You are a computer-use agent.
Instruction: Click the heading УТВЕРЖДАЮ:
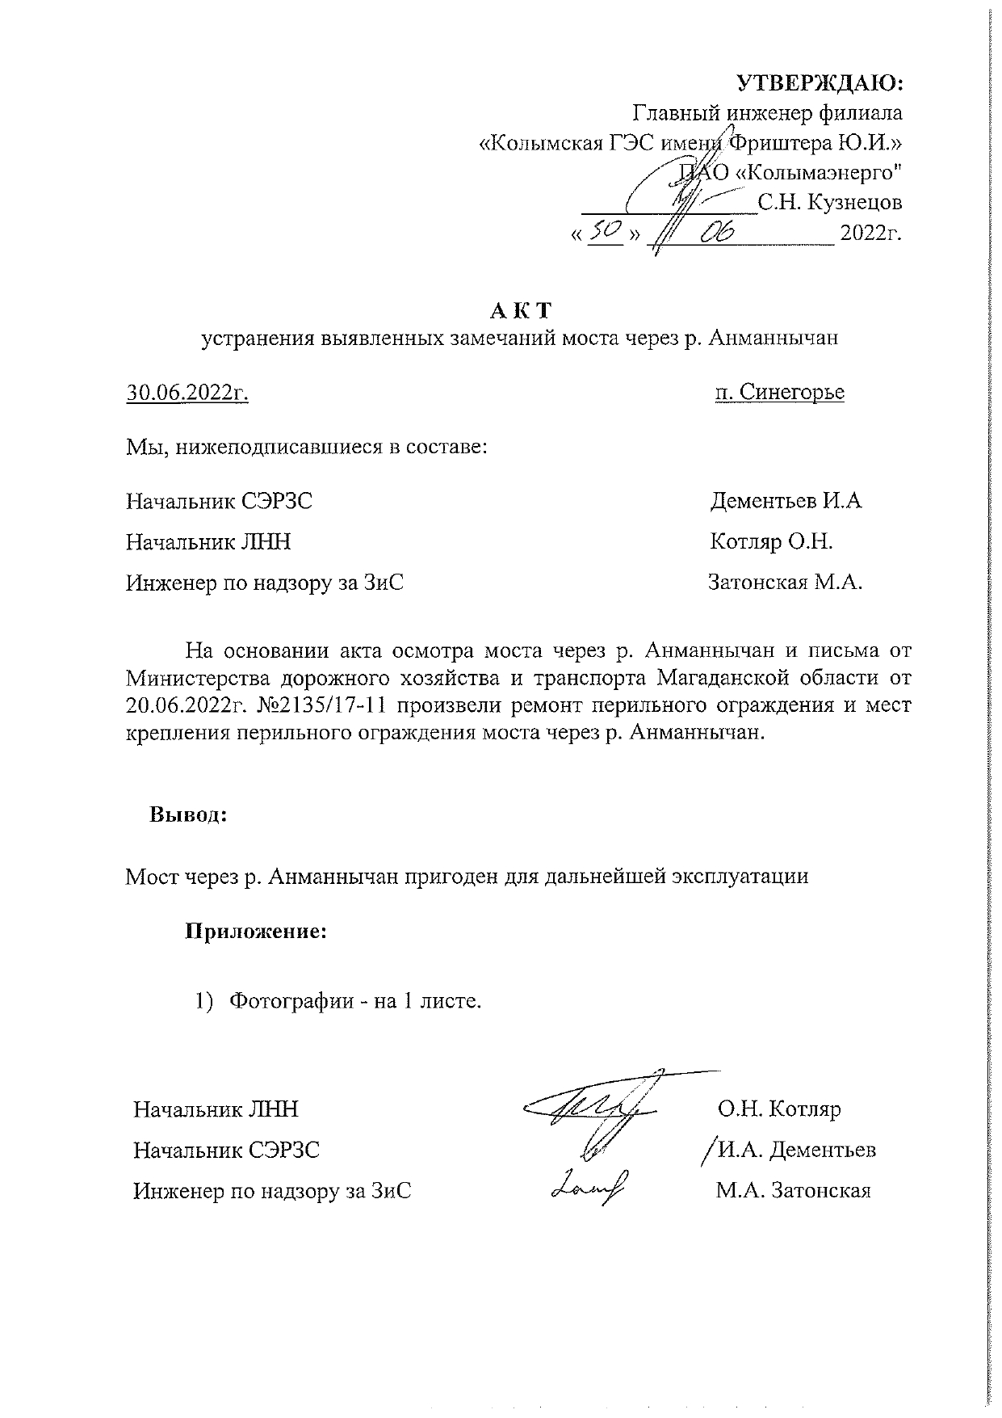820,83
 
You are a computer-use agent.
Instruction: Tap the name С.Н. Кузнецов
829,202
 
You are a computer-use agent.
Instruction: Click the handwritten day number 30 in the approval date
605,232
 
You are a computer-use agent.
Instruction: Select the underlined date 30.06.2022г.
187,393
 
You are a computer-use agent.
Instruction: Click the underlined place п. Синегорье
779,393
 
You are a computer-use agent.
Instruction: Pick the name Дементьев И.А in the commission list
786,501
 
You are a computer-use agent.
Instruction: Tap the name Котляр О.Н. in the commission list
771,541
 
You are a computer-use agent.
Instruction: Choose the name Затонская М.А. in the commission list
785,582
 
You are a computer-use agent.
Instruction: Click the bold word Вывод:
188,814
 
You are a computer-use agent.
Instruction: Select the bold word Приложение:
256,932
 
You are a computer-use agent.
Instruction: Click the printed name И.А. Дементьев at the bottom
796,1149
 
